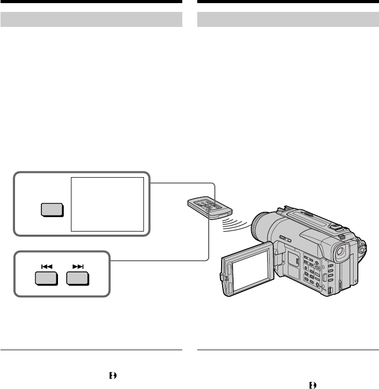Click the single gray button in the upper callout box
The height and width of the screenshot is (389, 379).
pos(51,209)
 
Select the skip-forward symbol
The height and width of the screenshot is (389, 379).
pos(78,266)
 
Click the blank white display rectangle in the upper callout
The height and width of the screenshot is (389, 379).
pos(107,204)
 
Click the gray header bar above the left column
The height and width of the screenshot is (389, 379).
pos(91,20)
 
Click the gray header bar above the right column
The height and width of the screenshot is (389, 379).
pos(288,20)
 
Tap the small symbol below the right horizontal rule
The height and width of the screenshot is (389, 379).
pos(312,384)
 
